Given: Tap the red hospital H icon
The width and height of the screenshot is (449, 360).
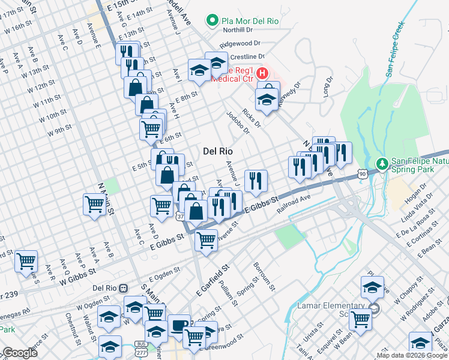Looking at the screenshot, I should click(x=262, y=74).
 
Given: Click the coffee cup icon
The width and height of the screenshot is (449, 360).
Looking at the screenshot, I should click(x=178, y=325).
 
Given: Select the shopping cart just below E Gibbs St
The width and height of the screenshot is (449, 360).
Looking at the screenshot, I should click(x=206, y=239).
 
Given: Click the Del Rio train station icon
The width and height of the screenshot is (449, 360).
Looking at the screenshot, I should click(x=123, y=288).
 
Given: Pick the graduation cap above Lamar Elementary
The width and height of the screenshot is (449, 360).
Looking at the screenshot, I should click(x=372, y=286).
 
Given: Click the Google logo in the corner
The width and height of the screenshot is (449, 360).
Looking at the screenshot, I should click(x=19, y=353).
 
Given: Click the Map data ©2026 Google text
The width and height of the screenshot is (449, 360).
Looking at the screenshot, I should click(x=411, y=355).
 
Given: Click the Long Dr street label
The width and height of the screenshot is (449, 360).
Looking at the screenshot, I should click(x=328, y=88).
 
